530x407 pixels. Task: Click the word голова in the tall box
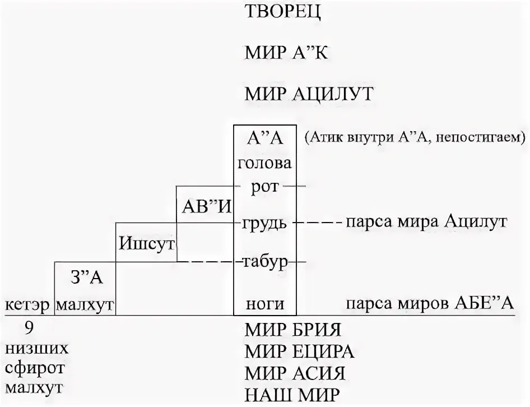click(264, 164)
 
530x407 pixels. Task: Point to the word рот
click(265, 187)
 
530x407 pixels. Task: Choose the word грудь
click(265, 223)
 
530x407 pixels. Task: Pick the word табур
click(265, 262)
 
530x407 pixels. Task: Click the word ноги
click(265, 304)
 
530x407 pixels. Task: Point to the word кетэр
click(27, 305)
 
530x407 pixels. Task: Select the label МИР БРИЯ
click(293, 329)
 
